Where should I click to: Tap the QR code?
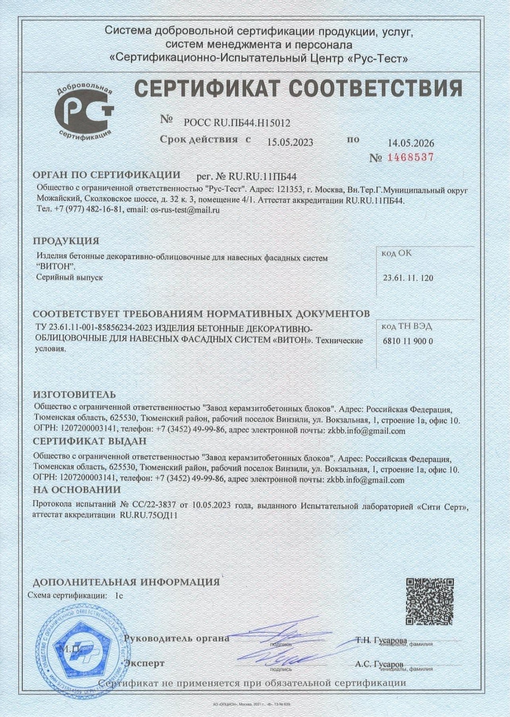pos(429,601)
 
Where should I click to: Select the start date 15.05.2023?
pos(290,142)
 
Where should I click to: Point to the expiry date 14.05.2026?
pos(411,143)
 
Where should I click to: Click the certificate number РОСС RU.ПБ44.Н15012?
pos(237,123)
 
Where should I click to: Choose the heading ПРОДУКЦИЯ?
pos(66,241)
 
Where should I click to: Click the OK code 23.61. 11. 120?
pos(408,278)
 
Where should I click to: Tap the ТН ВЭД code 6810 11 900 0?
pos(408,341)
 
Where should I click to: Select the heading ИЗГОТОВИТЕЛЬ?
pos(74,394)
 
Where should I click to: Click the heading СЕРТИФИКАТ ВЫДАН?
pos(89,441)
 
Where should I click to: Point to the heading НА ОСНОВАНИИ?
pos(77,490)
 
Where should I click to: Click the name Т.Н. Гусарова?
pos(381,640)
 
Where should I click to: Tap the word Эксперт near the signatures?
pos(144,663)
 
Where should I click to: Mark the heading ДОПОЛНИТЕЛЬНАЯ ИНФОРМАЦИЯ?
pos(126,582)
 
